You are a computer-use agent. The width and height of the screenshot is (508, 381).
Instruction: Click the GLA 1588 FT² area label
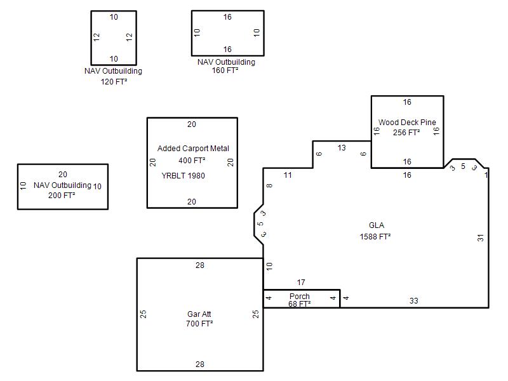click(x=375, y=231)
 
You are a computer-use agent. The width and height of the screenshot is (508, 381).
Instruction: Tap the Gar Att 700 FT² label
click(x=199, y=319)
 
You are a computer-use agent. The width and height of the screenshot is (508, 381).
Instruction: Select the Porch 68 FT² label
click(x=299, y=300)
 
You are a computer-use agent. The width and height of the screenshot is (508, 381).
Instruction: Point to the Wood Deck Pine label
click(x=407, y=123)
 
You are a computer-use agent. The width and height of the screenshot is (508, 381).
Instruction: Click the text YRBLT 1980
click(x=183, y=176)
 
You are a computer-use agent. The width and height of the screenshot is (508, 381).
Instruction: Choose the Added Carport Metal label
click(x=193, y=149)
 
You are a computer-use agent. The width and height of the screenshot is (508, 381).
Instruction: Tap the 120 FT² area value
click(x=114, y=82)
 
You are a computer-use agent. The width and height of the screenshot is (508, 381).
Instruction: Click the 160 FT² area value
click(x=225, y=70)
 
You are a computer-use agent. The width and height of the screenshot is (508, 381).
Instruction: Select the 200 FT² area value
click(x=62, y=196)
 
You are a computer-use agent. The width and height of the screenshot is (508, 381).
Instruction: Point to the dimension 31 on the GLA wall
click(x=481, y=237)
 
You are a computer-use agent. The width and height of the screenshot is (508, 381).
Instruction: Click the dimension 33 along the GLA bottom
click(x=414, y=300)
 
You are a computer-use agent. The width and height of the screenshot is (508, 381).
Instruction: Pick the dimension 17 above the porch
click(x=301, y=283)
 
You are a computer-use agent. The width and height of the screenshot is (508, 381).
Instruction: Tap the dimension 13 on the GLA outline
click(x=342, y=148)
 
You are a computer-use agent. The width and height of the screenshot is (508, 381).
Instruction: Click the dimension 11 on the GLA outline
click(x=288, y=175)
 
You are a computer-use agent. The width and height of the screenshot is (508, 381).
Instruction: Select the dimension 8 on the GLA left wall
click(x=269, y=185)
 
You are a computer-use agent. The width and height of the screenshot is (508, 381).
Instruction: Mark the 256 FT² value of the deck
click(x=406, y=133)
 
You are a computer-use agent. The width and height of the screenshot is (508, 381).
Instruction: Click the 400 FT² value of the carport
click(x=192, y=161)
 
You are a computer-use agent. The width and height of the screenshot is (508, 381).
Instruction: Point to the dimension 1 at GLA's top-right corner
click(x=486, y=175)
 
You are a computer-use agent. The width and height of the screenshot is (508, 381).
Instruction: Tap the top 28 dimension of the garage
click(x=200, y=265)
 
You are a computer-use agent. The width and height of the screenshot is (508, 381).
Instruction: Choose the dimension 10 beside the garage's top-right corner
click(x=269, y=266)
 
